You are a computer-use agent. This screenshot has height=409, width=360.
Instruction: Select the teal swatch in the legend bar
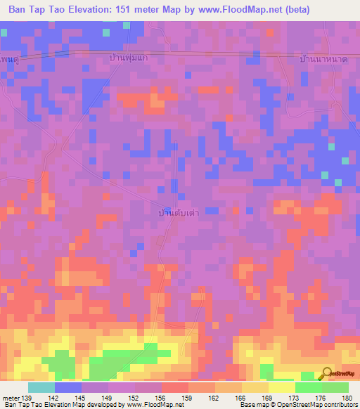pyautogui.click(x=41, y=387)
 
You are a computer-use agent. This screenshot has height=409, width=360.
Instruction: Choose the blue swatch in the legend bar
pyautogui.click(x=68, y=387)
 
